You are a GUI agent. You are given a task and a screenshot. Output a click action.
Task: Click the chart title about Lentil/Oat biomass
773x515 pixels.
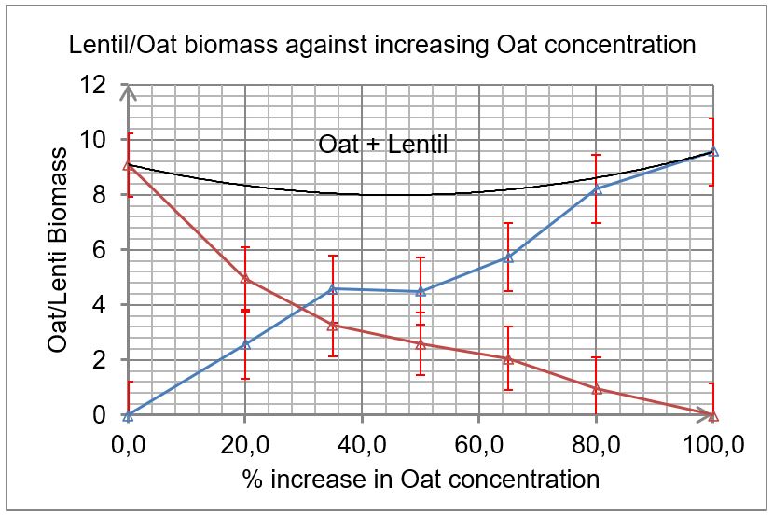tap(382, 44)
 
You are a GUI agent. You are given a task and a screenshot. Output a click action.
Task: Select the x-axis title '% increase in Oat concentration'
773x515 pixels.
tap(420, 480)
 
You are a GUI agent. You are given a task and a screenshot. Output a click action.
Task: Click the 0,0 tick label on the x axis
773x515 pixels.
tap(128, 445)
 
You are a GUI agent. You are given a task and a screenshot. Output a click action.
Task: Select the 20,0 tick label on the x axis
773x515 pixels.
tap(244, 445)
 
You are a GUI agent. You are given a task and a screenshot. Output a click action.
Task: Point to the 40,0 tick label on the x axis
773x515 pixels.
tap(362, 445)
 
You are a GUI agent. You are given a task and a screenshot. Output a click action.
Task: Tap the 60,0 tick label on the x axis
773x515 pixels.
tap(479, 445)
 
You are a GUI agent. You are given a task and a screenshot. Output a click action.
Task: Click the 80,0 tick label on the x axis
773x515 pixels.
tap(597, 445)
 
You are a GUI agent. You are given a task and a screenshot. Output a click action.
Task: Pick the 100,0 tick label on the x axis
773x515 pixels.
tap(713, 445)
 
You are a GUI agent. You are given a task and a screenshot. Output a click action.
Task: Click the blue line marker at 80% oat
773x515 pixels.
tap(597, 188)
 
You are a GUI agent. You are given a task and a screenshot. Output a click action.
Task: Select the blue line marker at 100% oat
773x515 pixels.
tap(713, 151)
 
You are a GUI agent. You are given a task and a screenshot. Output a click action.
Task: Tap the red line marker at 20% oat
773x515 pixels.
tap(245, 278)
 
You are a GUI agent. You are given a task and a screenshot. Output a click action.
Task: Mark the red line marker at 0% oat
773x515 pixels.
tap(129, 165)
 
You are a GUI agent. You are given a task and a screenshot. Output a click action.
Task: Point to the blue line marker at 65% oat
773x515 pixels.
tap(508, 257)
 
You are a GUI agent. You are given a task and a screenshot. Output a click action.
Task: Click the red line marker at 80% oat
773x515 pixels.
tap(597, 389)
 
